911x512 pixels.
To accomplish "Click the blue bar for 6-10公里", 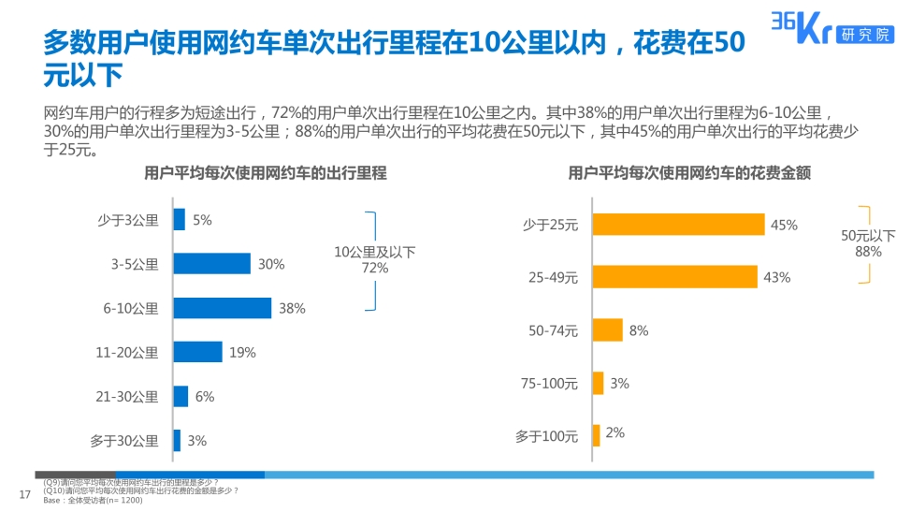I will click(x=223, y=308).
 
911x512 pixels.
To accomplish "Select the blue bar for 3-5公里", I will click(x=212, y=264).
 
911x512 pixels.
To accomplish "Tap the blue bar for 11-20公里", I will click(x=197, y=352).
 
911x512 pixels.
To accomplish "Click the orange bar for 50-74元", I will click(x=607, y=329).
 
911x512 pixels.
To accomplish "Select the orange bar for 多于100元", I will click(x=596, y=435).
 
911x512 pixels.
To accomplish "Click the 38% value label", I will click(x=292, y=309).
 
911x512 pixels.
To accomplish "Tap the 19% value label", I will click(x=243, y=353).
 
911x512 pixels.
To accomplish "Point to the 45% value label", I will click(x=783, y=226).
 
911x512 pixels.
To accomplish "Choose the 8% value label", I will click(x=639, y=330).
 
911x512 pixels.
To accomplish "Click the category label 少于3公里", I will click(x=128, y=221).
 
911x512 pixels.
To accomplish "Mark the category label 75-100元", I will click(x=549, y=383).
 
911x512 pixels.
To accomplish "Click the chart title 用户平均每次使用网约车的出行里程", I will click(x=265, y=173).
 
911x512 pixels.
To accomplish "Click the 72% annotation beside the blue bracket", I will click(x=375, y=268).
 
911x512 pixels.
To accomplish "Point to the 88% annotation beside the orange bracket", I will click(x=868, y=252).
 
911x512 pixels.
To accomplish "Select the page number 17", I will click(x=25, y=494).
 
